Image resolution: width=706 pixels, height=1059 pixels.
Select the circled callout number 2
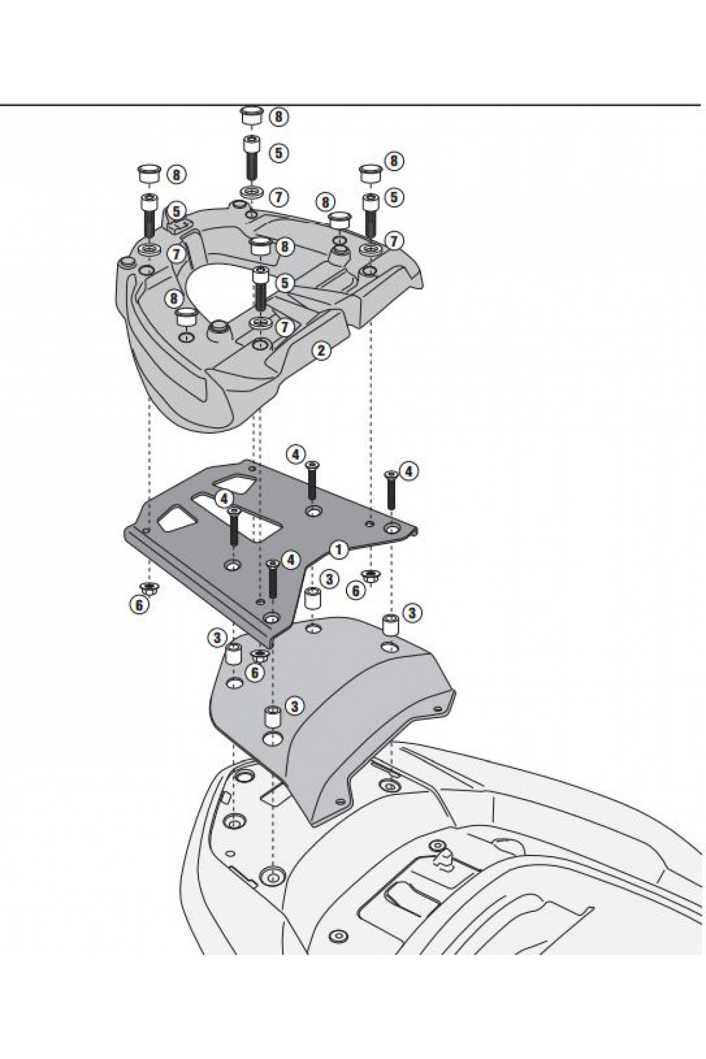pyautogui.click(x=321, y=351)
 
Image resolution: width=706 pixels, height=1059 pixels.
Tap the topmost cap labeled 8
pyautogui.click(x=251, y=115)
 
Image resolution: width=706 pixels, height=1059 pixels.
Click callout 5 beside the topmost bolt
pyautogui.click(x=279, y=153)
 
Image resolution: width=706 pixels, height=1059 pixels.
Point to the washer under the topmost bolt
pyautogui.click(x=251, y=193)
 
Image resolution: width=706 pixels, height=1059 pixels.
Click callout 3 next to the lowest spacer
pyautogui.click(x=295, y=705)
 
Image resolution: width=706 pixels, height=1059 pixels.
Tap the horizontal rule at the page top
pyautogui.click(x=353, y=105)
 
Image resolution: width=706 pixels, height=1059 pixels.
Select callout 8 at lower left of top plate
pyautogui.click(x=172, y=299)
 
